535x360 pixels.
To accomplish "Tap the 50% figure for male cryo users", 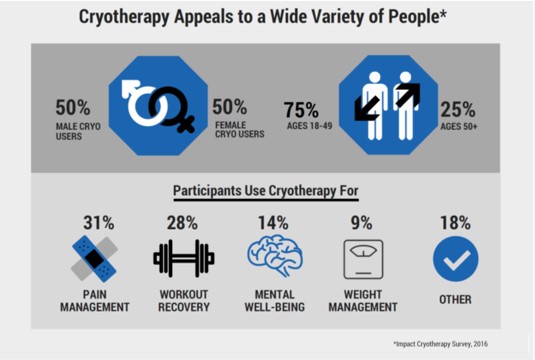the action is (x=73, y=107).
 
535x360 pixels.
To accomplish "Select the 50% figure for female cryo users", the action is (x=229, y=107).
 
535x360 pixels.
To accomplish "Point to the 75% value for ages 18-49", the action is (x=301, y=110).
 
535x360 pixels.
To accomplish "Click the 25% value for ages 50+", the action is (x=458, y=110).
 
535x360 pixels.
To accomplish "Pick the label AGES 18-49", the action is (x=309, y=126).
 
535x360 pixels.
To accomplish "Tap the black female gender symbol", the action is (x=174, y=110).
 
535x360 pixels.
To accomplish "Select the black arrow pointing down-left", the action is (x=366, y=109).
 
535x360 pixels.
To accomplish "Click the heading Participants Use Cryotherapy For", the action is (x=266, y=190).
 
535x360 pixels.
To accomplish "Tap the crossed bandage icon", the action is (x=95, y=259).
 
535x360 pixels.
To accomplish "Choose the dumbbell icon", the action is (x=184, y=258).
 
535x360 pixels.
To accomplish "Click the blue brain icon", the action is (x=275, y=255).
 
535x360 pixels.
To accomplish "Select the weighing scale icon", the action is (x=363, y=259).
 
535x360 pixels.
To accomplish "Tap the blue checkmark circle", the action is (x=456, y=259).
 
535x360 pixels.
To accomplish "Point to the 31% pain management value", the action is (x=99, y=223).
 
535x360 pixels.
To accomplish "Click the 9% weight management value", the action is (x=361, y=223).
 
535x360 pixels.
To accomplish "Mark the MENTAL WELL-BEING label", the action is (x=275, y=301).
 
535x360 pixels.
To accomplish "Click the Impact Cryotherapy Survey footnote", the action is (x=440, y=344).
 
